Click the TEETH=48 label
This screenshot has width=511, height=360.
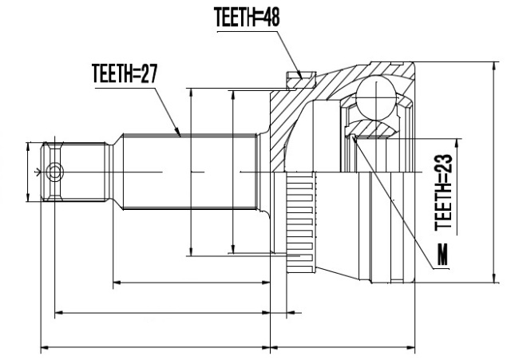coord(247,17)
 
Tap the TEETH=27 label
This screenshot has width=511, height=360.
coord(125,73)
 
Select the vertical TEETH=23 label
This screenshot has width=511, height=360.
coord(444,192)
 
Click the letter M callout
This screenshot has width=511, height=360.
coord(442,254)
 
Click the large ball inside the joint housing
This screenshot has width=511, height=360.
coord(376,97)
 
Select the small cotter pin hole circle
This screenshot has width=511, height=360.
coord(55,172)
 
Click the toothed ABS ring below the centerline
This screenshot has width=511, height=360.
coord(301,223)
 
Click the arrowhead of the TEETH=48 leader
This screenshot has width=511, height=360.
coord(300,76)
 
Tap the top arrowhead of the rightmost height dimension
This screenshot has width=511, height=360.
coord(495,66)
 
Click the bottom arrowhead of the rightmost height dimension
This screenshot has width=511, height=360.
coord(495,278)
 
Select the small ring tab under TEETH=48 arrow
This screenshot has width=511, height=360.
coord(301,80)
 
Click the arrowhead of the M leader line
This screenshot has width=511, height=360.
coord(355,140)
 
